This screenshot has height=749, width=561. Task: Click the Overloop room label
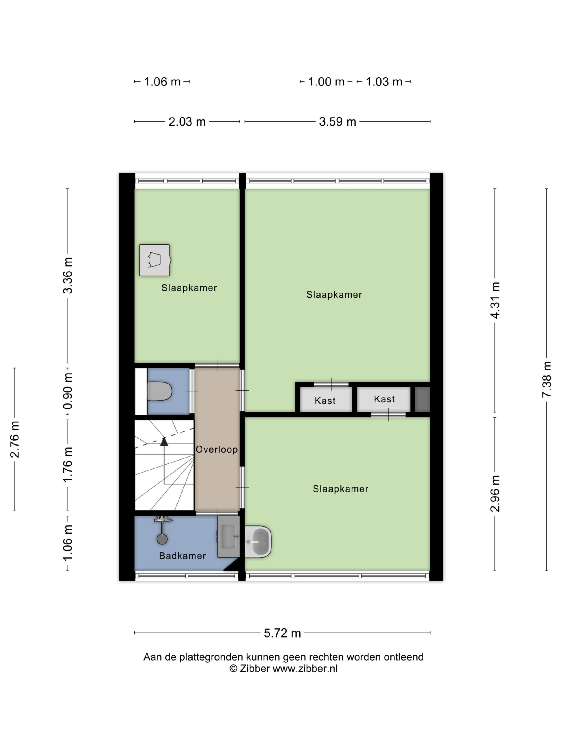(x=217, y=449)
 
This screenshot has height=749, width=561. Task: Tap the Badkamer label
(x=182, y=556)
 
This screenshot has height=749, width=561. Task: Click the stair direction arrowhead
(x=164, y=442)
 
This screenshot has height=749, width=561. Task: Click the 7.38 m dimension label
(x=546, y=379)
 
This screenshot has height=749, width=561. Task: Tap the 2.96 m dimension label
(x=495, y=493)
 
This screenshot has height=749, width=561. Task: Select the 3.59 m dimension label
(x=337, y=121)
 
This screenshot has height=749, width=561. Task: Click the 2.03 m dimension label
(x=187, y=121)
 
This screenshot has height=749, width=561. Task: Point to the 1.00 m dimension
(x=326, y=82)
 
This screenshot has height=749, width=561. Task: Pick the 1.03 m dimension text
(x=384, y=82)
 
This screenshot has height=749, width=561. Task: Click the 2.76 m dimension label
(x=15, y=439)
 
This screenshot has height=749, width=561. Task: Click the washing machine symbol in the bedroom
(x=155, y=260)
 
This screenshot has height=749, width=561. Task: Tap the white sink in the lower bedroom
(x=258, y=542)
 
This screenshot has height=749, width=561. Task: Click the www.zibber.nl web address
(x=305, y=669)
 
